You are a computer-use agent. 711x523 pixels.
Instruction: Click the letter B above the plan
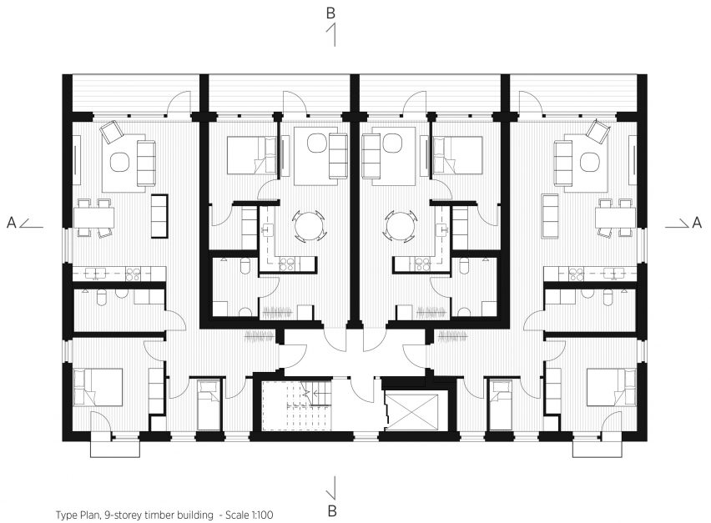point(330,13)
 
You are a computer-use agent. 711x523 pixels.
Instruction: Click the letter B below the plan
point(332,510)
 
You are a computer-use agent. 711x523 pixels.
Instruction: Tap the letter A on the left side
point(12,223)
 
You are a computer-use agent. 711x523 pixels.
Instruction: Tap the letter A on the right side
point(697,222)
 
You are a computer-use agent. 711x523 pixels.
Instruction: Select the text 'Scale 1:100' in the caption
point(249,515)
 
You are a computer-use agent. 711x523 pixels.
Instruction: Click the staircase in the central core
point(297,405)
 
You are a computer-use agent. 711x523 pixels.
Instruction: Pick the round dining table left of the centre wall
point(309,225)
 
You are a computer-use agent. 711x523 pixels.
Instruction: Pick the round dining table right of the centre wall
point(401,225)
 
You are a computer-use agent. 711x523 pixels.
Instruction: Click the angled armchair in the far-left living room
point(112,132)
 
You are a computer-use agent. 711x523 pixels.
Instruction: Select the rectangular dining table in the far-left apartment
point(93,218)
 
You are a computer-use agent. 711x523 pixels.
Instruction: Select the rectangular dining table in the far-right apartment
point(615,218)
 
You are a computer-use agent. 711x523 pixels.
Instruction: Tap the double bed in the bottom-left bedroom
point(98,387)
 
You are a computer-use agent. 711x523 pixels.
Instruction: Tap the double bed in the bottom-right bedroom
point(611,387)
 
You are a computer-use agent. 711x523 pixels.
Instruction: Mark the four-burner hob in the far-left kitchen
point(134,274)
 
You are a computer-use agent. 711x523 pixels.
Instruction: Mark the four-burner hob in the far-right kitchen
point(576,274)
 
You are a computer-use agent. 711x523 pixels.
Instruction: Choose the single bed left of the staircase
point(209,405)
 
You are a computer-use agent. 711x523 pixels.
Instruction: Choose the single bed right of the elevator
point(501,405)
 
